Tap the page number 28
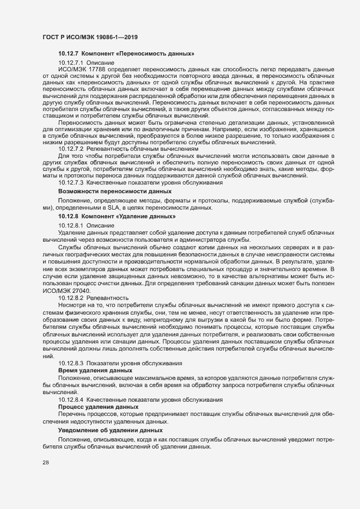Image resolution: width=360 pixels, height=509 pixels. (x=46, y=463)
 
